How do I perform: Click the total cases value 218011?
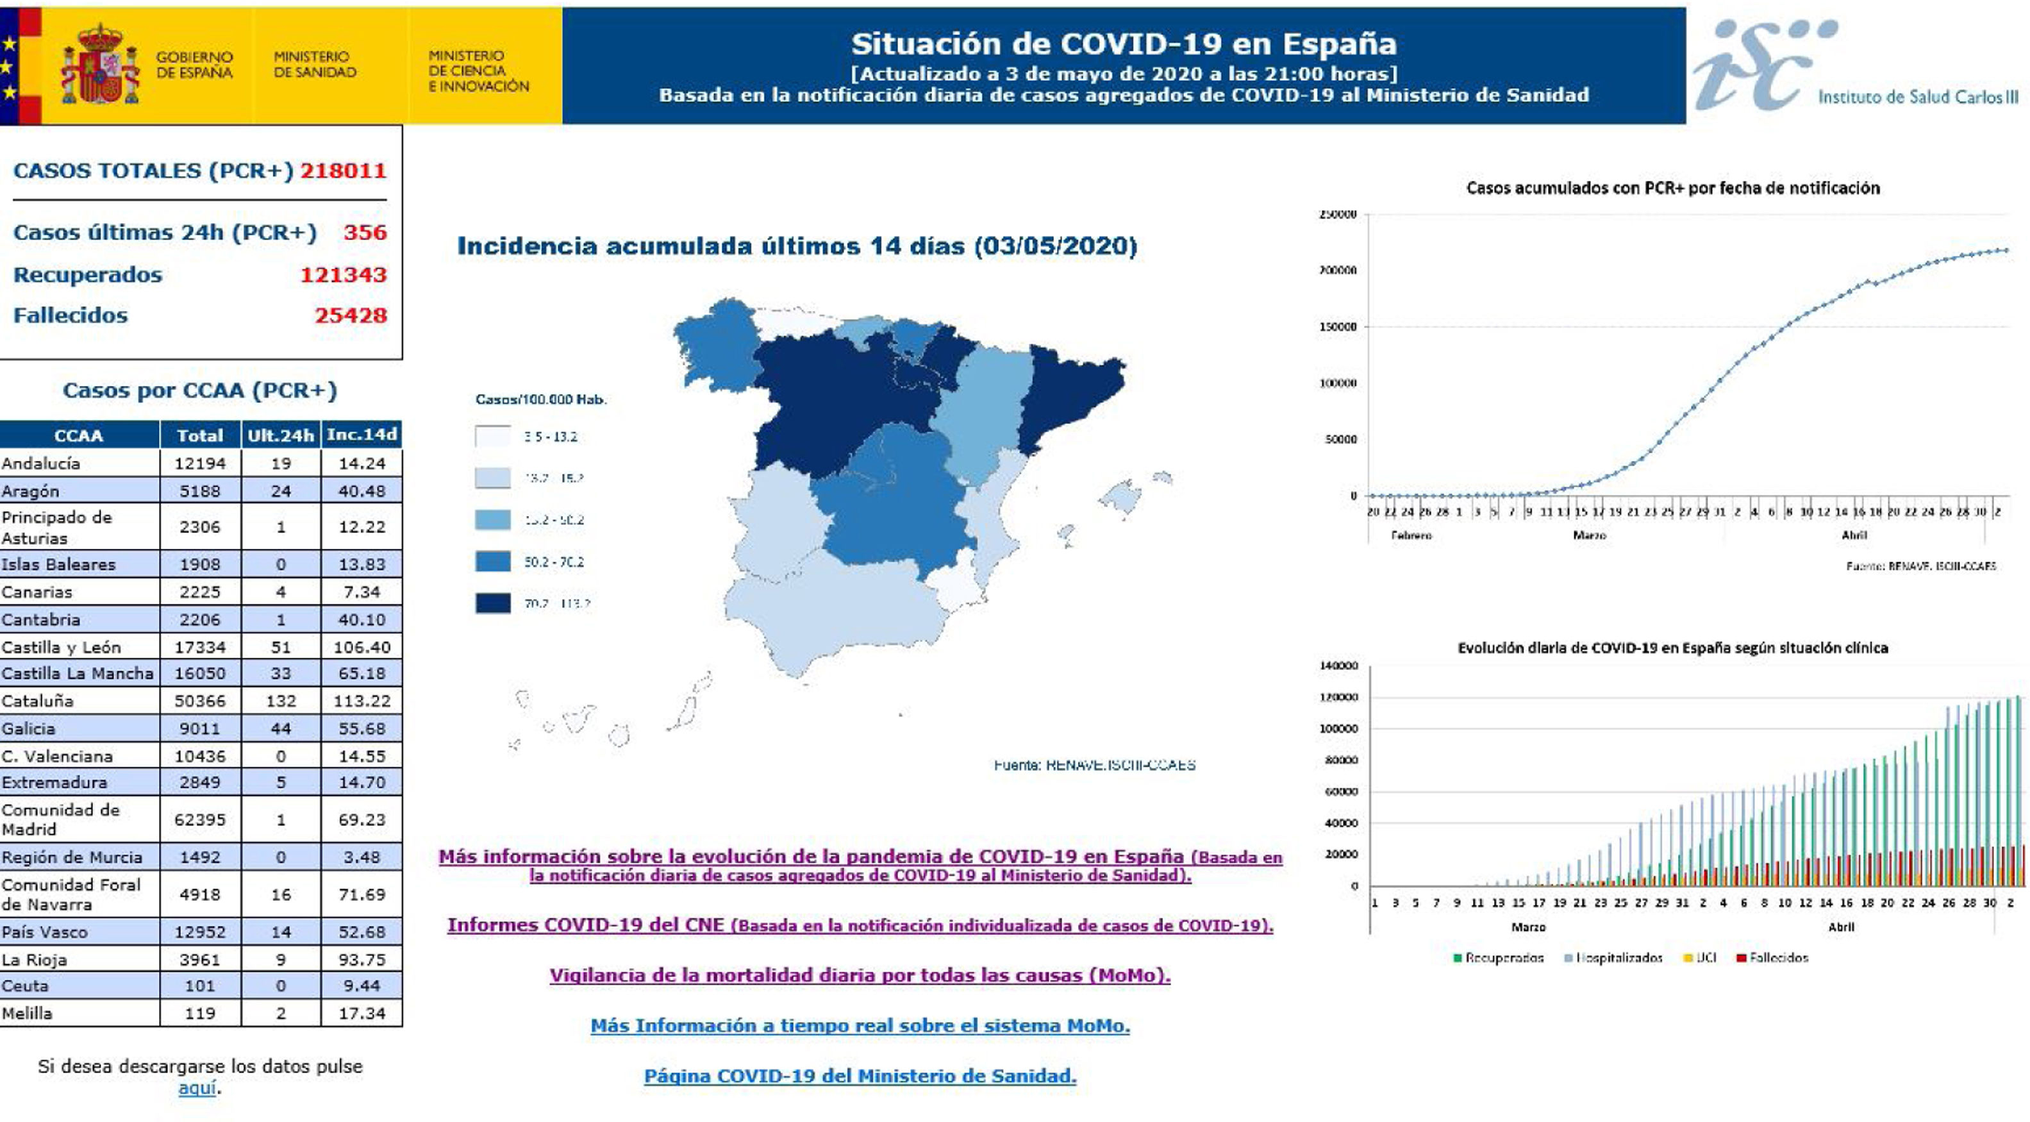pyautogui.click(x=343, y=171)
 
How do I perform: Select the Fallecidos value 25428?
pyautogui.click(x=351, y=315)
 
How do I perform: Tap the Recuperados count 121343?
pyautogui.click(x=343, y=274)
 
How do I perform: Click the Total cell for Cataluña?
pyautogui.click(x=200, y=701)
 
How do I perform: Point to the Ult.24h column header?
pyautogui.click(x=281, y=435)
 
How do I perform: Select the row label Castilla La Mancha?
pyautogui.click(x=77, y=673)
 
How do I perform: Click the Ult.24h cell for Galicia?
pyautogui.click(x=281, y=728)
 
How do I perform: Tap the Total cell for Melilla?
pyautogui.click(x=200, y=1013)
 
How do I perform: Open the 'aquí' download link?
pyautogui.click(x=197, y=1088)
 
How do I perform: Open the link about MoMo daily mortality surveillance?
pyautogui.click(x=860, y=975)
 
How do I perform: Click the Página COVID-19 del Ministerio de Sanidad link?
pyautogui.click(x=860, y=1075)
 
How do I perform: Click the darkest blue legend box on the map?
pyautogui.click(x=492, y=604)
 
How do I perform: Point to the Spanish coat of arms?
pyautogui.click(x=100, y=65)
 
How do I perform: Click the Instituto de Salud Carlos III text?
pyautogui.click(x=1917, y=97)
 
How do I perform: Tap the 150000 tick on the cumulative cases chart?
pyautogui.click(x=1338, y=326)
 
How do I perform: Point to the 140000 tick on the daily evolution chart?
pyautogui.click(x=1339, y=666)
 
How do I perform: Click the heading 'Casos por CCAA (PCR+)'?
pyautogui.click(x=200, y=390)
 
